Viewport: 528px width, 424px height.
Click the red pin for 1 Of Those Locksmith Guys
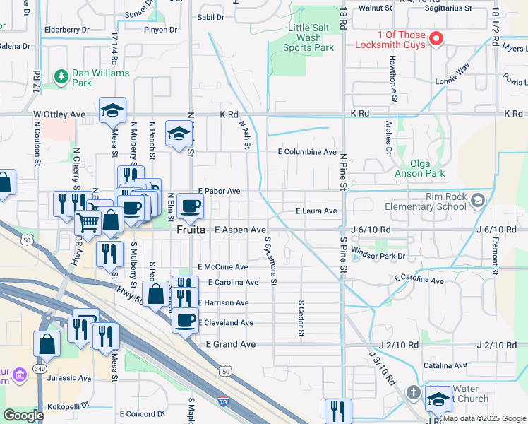[436, 39]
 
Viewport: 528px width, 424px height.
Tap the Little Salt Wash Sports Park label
[308, 37]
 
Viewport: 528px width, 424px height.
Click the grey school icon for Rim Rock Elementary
[478, 201]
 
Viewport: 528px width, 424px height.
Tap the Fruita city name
[191, 230]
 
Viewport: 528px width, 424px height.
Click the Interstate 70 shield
[223, 401]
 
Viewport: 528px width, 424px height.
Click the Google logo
[23, 416]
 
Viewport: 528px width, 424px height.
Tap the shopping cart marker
[88, 223]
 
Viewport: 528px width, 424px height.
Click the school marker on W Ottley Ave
[112, 110]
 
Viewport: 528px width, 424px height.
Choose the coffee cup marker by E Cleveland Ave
[186, 319]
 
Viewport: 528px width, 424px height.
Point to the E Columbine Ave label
[307, 152]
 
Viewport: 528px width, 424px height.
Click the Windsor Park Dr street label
[379, 256]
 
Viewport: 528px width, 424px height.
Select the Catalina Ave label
[445, 365]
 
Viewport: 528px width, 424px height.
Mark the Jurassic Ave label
[69, 379]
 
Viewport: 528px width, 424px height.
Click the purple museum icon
[19, 372]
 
